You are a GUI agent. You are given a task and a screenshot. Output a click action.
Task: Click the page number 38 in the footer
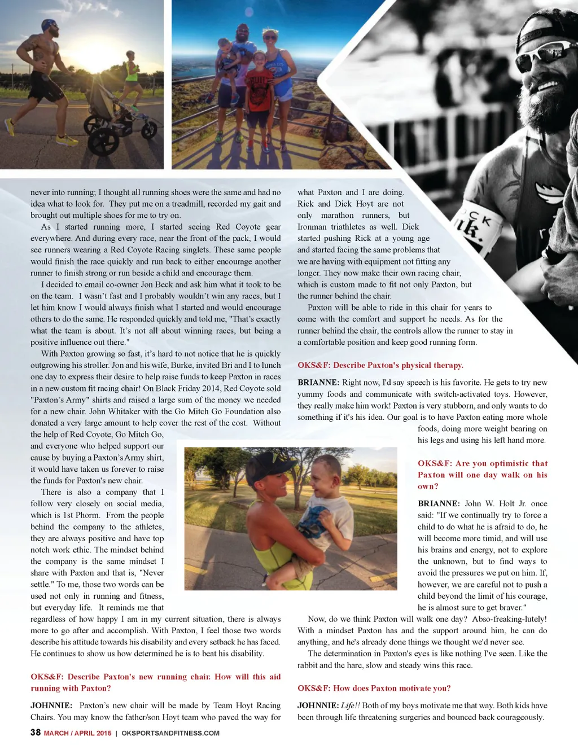tap(35, 733)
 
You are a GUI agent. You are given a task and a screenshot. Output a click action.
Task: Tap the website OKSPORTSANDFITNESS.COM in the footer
tap(170, 733)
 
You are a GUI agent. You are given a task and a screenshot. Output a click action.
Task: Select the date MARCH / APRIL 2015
tap(77, 733)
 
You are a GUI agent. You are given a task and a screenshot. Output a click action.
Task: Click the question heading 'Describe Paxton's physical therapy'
tap(380, 365)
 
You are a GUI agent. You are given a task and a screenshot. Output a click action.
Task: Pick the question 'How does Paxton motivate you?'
tap(374, 688)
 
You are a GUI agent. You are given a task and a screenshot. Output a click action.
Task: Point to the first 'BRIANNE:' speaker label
tap(318, 383)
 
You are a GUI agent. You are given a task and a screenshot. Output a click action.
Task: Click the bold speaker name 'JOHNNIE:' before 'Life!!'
tap(318, 705)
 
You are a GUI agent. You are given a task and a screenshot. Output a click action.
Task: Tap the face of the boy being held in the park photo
tap(322, 480)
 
